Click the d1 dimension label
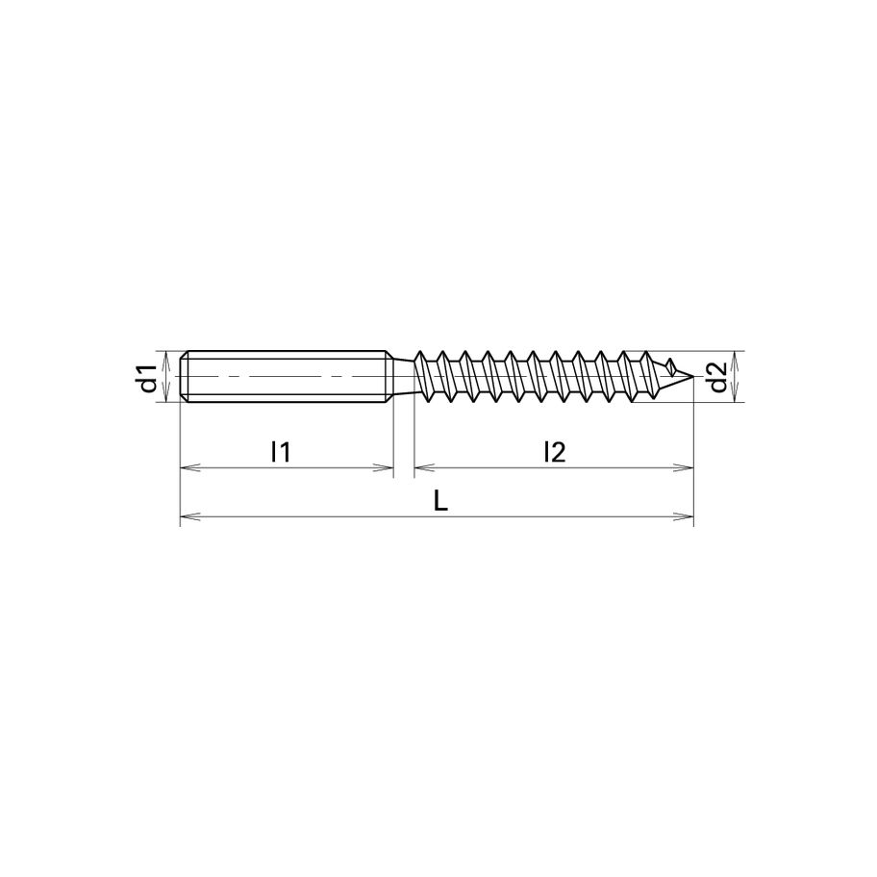click(x=146, y=378)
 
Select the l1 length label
click(x=281, y=450)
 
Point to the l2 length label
click(x=553, y=450)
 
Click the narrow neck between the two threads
click(x=404, y=376)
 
